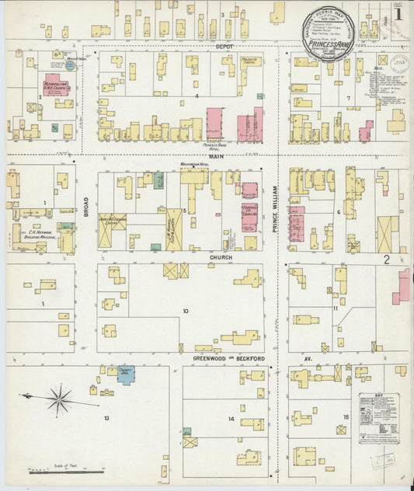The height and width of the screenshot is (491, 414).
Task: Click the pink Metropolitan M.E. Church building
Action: click(x=56, y=84)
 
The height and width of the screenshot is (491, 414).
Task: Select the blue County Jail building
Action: click(x=126, y=375)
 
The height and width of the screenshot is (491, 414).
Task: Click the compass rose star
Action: click(x=59, y=399)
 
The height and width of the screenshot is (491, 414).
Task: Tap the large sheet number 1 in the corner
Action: click(x=397, y=13)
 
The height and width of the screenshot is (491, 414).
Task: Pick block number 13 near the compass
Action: click(x=106, y=417)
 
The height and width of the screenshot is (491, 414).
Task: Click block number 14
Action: click(x=231, y=419)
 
